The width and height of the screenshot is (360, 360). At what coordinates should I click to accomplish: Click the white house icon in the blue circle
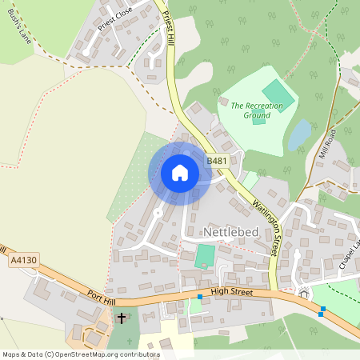click(x=179, y=173)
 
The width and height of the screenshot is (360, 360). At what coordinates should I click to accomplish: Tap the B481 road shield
click(x=217, y=161)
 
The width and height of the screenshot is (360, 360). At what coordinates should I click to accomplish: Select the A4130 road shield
click(x=23, y=260)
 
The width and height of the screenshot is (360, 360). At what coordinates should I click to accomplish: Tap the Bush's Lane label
click(x=18, y=30)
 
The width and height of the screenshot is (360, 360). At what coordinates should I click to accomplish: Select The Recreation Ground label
click(x=250, y=110)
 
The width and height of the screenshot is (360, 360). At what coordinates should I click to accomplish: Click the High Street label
click(x=231, y=293)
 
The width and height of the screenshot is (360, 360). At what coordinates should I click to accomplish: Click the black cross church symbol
click(x=122, y=318)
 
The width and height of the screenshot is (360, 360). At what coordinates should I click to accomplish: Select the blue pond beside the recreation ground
click(x=299, y=134)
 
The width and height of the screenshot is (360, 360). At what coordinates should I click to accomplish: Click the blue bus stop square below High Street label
click(x=200, y=298)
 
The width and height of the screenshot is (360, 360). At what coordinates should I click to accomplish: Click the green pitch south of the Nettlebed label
click(x=206, y=257)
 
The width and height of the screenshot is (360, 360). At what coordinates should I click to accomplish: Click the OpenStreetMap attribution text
click(x=81, y=354)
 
